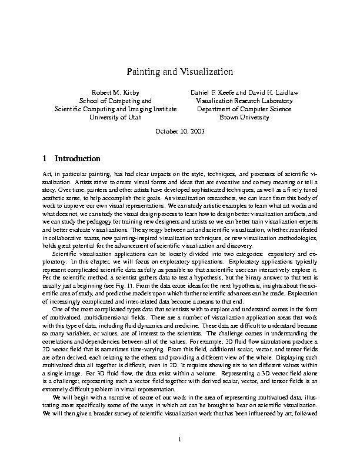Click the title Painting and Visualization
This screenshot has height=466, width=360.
pyautogui.click(x=181, y=72)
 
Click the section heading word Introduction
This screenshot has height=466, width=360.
pyautogui.click(x=78, y=159)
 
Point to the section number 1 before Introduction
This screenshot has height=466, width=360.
pyautogui.click(x=46, y=159)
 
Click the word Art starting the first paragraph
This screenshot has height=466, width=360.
pyautogui.click(x=48, y=175)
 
